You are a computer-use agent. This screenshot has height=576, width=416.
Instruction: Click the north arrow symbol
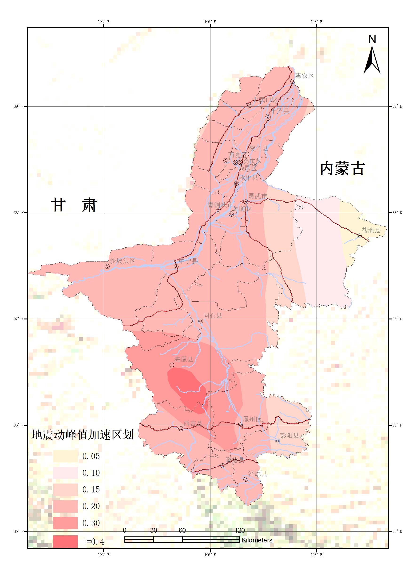coord(372,59)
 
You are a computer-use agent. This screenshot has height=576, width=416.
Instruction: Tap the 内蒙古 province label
coord(342,169)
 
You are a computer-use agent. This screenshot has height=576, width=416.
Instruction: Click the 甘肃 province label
coord(74,205)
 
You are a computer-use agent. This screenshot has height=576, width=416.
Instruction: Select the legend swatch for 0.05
coord(65,456)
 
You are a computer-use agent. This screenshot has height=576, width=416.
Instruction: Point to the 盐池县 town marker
coord(359,236)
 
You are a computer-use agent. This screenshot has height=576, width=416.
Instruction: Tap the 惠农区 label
coord(305,76)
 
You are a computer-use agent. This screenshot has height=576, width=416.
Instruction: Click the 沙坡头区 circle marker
coord(107,266)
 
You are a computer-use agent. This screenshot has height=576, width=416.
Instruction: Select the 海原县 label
coord(184,359)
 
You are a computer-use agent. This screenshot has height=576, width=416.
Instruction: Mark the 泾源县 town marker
coord(246,479)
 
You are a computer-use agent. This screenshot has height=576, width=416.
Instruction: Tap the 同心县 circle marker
coord(201,321)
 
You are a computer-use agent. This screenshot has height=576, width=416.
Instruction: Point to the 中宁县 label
coord(188,261)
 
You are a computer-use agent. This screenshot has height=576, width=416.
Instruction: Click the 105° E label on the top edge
coord(103,22)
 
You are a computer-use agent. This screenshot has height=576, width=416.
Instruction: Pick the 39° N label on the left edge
coord(19,106)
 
